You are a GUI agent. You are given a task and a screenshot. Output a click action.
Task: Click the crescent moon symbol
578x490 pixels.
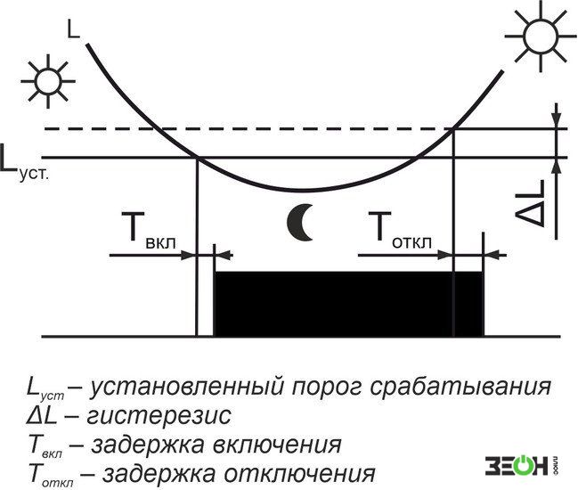pyautogui.click(x=300, y=223)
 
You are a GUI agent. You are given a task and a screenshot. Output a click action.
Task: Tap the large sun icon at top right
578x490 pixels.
pyautogui.click(x=541, y=37)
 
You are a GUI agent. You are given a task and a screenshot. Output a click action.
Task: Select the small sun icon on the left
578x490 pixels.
pyautogui.click(x=47, y=81)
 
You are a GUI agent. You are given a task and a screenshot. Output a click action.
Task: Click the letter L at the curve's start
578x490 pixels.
pyautogui.click(x=73, y=29)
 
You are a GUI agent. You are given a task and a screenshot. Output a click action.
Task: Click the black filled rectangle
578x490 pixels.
pyautogui.click(x=349, y=304)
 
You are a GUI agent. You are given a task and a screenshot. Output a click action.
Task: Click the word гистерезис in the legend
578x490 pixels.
pyautogui.click(x=159, y=416)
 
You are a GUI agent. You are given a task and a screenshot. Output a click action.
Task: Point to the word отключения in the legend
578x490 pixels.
pyautogui.click(x=300, y=473)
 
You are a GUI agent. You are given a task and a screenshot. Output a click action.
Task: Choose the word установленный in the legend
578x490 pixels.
pyautogui.click(x=187, y=388)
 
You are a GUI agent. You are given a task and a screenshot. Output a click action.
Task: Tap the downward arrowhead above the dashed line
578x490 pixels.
pyautogui.click(x=557, y=119)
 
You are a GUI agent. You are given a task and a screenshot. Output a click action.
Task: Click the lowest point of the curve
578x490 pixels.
pyautogui.click(x=302, y=191)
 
